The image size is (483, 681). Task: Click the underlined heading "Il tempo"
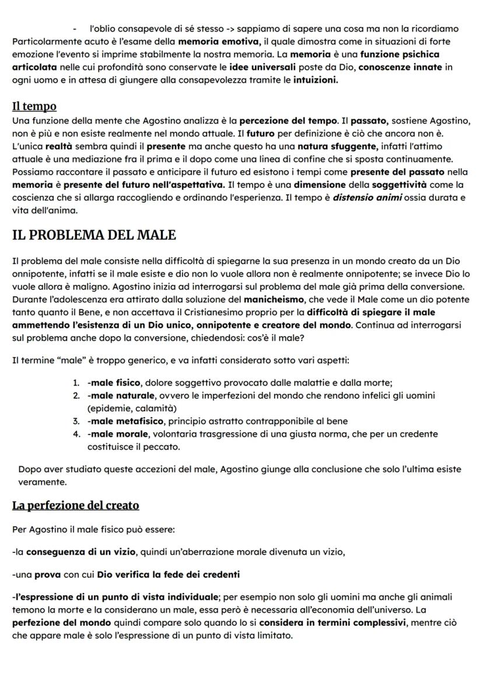coord(34,106)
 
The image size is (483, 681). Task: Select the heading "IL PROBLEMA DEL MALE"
coord(94,235)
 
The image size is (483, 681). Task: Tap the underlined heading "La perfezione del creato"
coord(75,505)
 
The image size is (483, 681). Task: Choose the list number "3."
coord(76,421)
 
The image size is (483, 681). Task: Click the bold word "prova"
coord(48,575)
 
